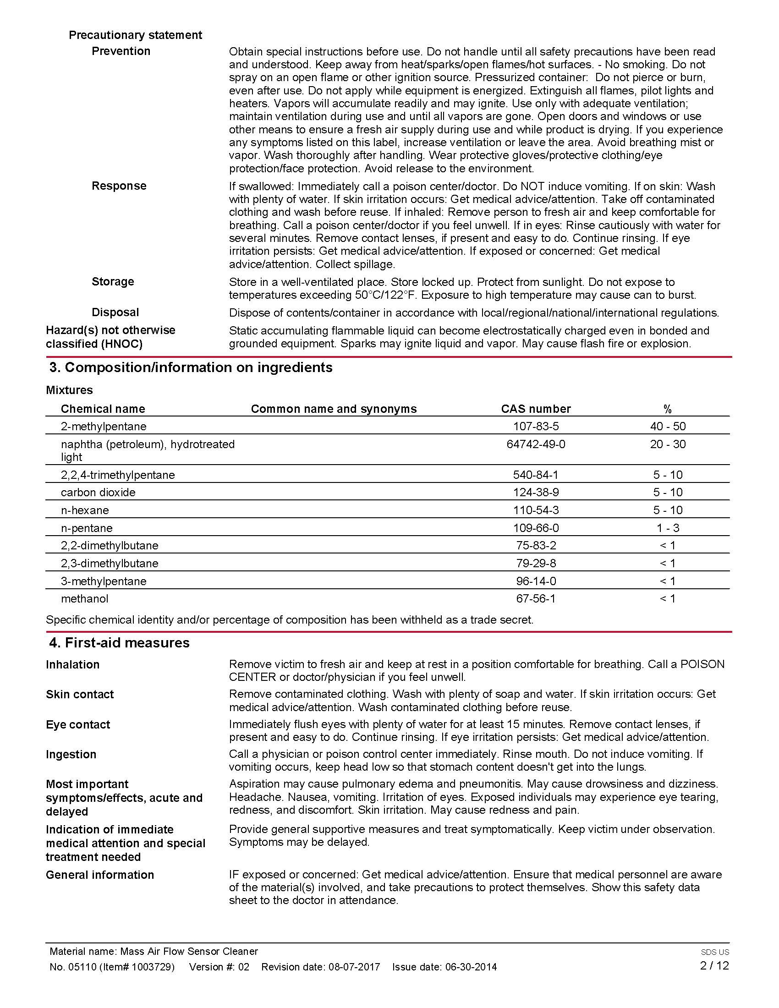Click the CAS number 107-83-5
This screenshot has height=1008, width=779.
[535, 426]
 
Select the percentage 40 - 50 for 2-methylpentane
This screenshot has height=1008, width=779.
[667, 426]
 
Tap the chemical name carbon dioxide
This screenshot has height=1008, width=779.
[98, 493]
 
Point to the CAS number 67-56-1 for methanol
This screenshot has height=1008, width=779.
[535, 599]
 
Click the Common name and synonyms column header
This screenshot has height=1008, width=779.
[333, 409]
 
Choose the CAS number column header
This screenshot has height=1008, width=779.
[535, 409]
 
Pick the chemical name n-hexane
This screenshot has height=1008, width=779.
[85, 510]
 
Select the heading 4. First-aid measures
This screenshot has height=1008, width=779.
[119, 643]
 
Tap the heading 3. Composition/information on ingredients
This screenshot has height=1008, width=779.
[191, 367]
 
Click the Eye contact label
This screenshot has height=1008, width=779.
[77, 725]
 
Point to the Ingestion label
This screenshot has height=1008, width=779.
[71, 755]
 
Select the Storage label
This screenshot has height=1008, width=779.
[113, 281]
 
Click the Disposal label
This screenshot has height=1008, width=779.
[115, 312]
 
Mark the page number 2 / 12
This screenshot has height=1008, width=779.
[714, 965]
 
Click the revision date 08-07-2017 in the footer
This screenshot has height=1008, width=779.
[354, 967]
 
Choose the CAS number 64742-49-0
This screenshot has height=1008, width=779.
[535, 444]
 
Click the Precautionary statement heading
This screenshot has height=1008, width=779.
[135, 35]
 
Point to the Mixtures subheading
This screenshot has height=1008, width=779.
[69, 390]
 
